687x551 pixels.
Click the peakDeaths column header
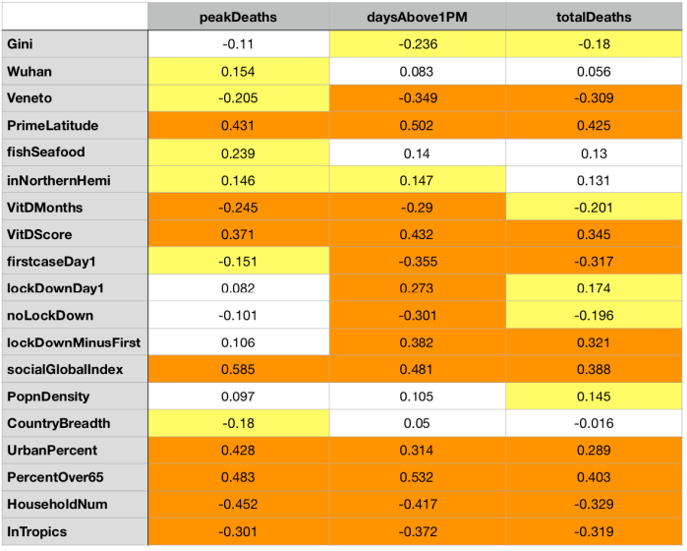pos(238,17)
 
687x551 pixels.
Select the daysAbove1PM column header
pos(418,17)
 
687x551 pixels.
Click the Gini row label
pos(19,43)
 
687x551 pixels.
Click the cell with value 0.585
pos(238,369)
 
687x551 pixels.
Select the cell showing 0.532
pos(418,477)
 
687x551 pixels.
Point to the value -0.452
pos(238,505)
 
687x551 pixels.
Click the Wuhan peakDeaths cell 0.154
pos(238,71)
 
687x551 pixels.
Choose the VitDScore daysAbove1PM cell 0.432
pos(418,233)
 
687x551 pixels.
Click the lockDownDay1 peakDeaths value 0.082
pos(238,287)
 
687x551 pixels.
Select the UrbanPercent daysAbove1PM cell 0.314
pos(418,450)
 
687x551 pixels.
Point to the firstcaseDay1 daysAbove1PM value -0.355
pos(418,261)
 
